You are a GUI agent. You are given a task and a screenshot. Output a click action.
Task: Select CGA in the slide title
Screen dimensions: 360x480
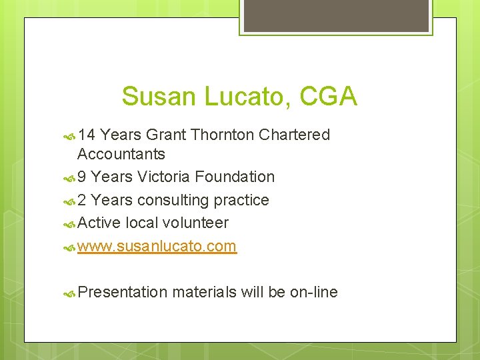[329, 97]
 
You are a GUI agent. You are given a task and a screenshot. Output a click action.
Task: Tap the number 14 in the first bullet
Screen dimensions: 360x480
[87, 135]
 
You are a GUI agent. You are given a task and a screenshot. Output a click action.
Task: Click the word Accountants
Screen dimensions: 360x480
[121, 154]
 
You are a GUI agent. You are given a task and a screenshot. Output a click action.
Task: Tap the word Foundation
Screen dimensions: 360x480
[235, 177]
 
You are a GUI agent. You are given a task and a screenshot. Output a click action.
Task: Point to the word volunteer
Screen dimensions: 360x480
[197, 223]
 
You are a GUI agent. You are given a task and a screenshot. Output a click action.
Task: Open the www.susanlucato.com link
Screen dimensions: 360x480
[157, 246]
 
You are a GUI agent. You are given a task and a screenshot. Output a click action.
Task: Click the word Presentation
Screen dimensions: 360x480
[122, 292]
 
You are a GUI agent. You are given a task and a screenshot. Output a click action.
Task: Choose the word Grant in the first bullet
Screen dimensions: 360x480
[166, 135]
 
